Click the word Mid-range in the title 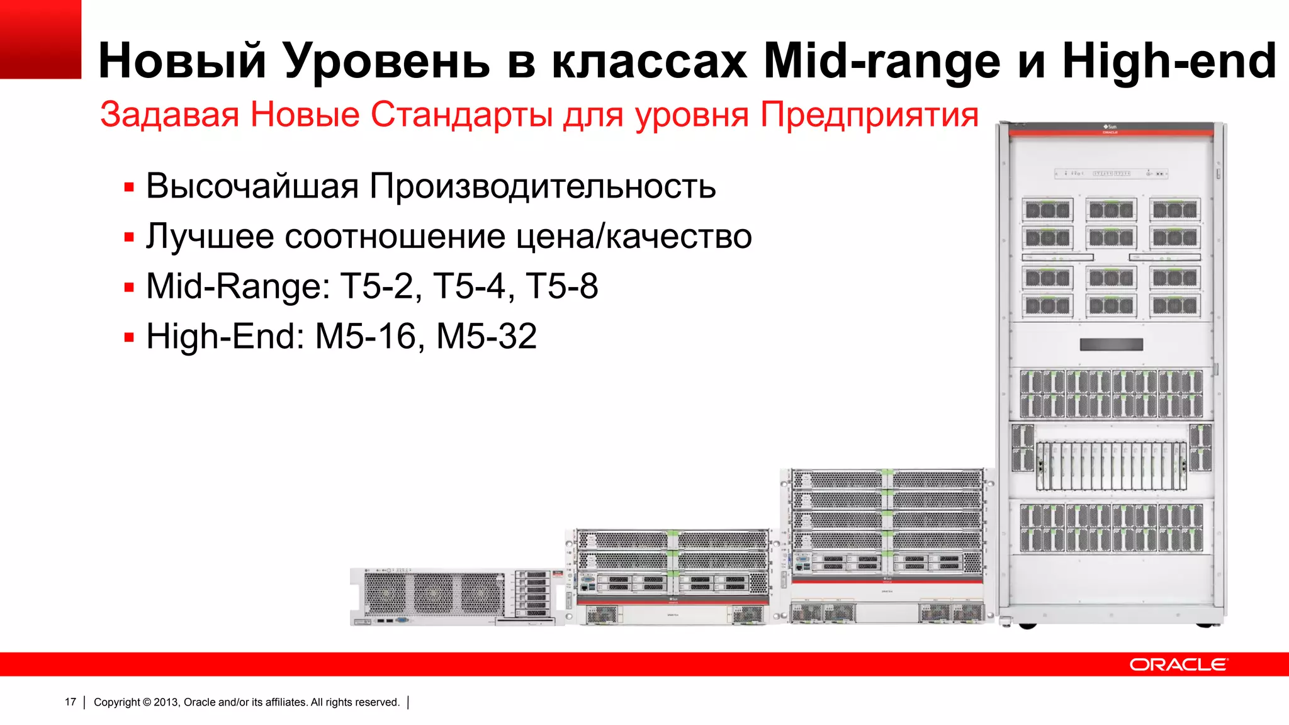pyautogui.click(x=881, y=62)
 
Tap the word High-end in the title pyautogui.click(x=1169, y=60)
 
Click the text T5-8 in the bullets pyautogui.click(x=561, y=286)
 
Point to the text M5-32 pyautogui.click(x=487, y=336)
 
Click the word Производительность pyautogui.click(x=542, y=186)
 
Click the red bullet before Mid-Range pyautogui.click(x=130, y=288)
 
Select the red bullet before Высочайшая pyautogui.click(x=130, y=188)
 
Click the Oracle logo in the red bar pyautogui.click(x=1178, y=665)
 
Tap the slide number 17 pyautogui.click(x=70, y=702)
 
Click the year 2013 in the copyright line pyautogui.click(x=166, y=702)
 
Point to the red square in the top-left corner pyautogui.click(x=40, y=39)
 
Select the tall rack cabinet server pyautogui.click(x=1111, y=378)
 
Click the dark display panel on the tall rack pyautogui.click(x=1111, y=344)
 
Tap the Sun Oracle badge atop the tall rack pyautogui.click(x=1110, y=129)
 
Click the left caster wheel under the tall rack pyautogui.click(x=1027, y=626)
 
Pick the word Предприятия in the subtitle pyautogui.click(x=869, y=115)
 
